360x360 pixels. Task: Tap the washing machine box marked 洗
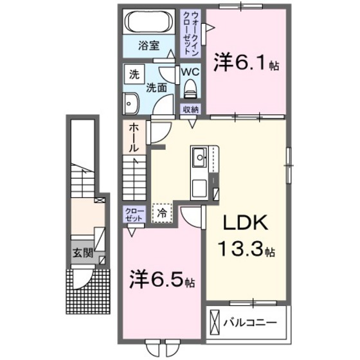[x=134, y=73]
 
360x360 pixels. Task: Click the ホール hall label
[x=132, y=138]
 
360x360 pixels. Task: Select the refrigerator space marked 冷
[x=162, y=211]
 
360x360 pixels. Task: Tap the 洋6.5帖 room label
[x=161, y=281]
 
